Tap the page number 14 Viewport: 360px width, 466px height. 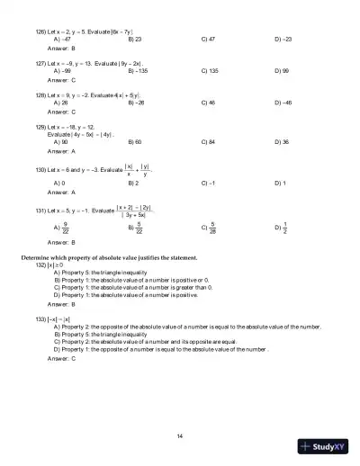click(x=180, y=436)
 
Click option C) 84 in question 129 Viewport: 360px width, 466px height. click(x=211, y=142)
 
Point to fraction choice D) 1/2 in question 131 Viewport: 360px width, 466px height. click(x=282, y=228)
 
